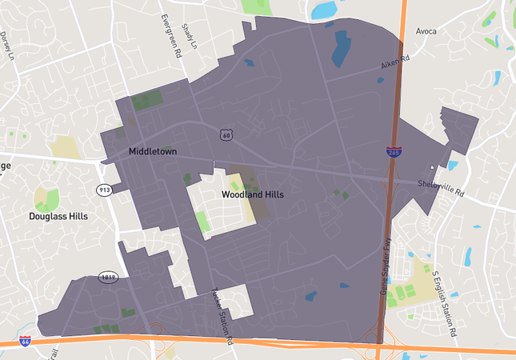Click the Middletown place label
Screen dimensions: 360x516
pyautogui.click(x=152, y=151)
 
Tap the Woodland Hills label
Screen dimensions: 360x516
pyautogui.click(x=252, y=194)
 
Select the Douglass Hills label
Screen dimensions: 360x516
pyautogui.click(x=58, y=216)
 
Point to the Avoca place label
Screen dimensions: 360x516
pyautogui.click(x=426, y=31)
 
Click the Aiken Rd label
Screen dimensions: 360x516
pyautogui.click(x=395, y=62)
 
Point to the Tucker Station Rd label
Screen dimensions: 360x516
pyautogui.click(x=222, y=316)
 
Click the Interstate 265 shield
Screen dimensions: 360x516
pyautogui.click(x=393, y=150)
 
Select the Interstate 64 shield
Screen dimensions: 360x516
pyautogui.click(x=26, y=342)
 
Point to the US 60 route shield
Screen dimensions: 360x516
pyautogui.click(x=226, y=135)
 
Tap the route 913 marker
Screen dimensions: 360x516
pyautogui.click(x=105, y=190)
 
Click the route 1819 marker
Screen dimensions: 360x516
pyautogui.click(x=109, y=278)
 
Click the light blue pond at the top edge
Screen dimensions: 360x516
pyautogui.click(x=324, y=10)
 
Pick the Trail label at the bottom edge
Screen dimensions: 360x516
pyautogui.click(x=54, y=352)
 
